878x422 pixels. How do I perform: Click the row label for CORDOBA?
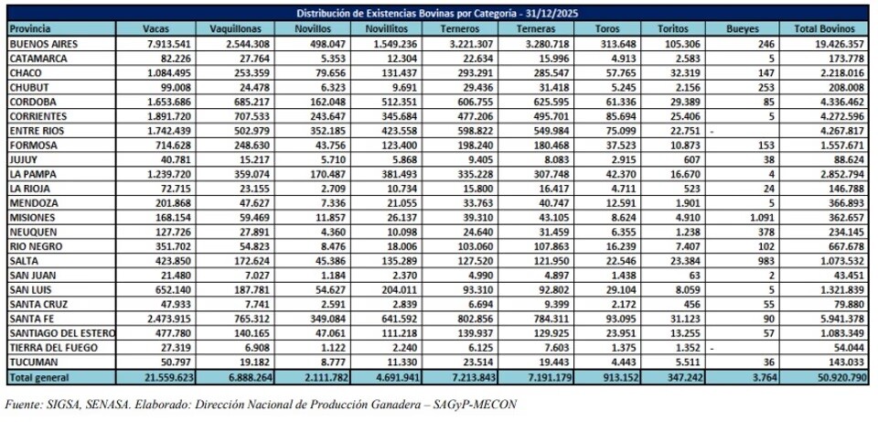31,102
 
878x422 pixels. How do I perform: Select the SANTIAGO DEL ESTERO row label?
62,333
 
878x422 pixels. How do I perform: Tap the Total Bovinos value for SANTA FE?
841,319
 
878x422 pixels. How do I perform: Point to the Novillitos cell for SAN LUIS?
402,290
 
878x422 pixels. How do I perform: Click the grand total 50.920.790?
839,376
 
